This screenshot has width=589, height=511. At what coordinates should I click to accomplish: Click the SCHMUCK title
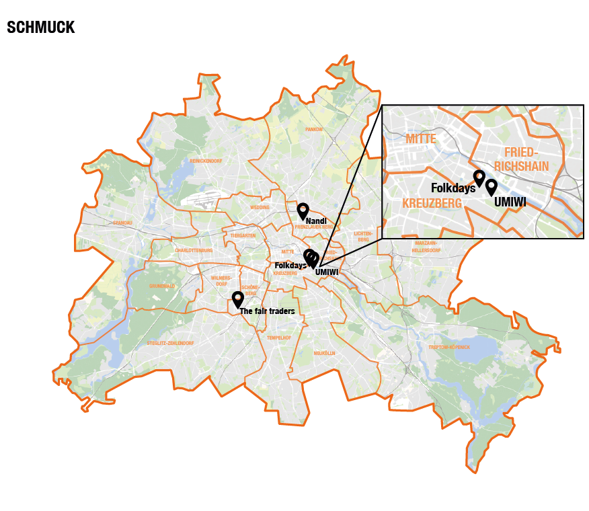[x=40, y=28]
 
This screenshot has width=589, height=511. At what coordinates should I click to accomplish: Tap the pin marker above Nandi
[x=303, y=210]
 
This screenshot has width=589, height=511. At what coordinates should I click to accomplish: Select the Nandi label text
[x=316, y=221]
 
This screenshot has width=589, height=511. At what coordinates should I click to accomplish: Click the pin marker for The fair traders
[x=237, y=299]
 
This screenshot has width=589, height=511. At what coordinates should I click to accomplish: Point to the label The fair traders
[x=267, y=311]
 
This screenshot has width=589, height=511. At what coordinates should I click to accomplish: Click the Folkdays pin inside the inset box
[x=479, y=178]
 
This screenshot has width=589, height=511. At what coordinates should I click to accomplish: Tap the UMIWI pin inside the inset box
[x=492, y=186]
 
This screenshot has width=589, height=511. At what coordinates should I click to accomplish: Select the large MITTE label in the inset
[x=421, y=139]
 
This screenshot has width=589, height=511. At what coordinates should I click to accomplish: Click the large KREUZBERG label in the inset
[x=432, y=203]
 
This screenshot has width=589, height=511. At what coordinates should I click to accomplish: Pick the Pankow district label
[x=314, y=129]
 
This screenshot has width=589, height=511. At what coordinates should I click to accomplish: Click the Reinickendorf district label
[x=206, y=161]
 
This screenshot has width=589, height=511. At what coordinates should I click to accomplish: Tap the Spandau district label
[x=123, y=222]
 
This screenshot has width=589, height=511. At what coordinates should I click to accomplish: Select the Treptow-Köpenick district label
[x=449, y=347]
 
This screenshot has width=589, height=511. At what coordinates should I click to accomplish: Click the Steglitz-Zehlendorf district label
[x=170, y=343]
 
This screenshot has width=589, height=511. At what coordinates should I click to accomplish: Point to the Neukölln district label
[x=324, y=353]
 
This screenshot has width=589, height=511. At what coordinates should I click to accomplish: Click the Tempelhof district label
[x=278, y=338]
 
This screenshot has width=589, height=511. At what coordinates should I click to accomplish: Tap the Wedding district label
[x=260, y=208]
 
